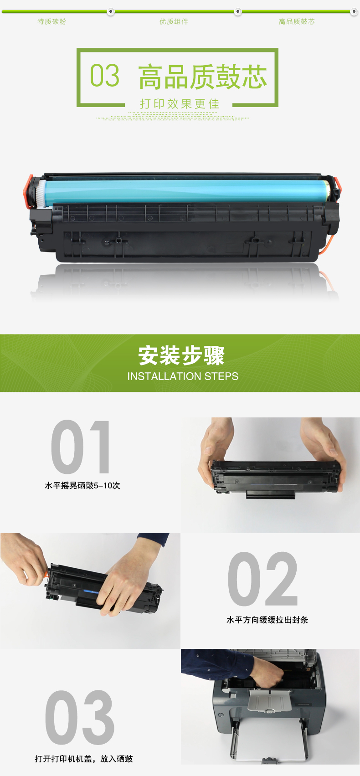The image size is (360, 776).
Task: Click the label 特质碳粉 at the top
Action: coord(51,21)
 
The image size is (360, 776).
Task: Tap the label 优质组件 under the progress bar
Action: coord(174,21)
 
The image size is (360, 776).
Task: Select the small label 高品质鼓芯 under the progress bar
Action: coord(297,21)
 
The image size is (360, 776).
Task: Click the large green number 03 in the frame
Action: coord(105,75)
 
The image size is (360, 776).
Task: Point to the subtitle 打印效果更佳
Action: coord(180,103)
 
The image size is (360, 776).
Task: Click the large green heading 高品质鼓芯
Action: coord(203,77)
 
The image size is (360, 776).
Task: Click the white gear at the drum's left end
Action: coord(41,193)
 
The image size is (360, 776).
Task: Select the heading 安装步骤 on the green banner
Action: coord(181,355)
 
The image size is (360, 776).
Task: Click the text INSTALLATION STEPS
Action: coord(183,376)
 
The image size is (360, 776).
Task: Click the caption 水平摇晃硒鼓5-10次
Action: coord(82,485)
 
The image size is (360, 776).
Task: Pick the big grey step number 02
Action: coord(262,579)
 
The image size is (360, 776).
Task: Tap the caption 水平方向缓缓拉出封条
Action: coord(267,620)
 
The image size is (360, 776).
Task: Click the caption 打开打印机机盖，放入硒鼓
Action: coord(84,759)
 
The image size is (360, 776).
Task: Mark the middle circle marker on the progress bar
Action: coord(238,11)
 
